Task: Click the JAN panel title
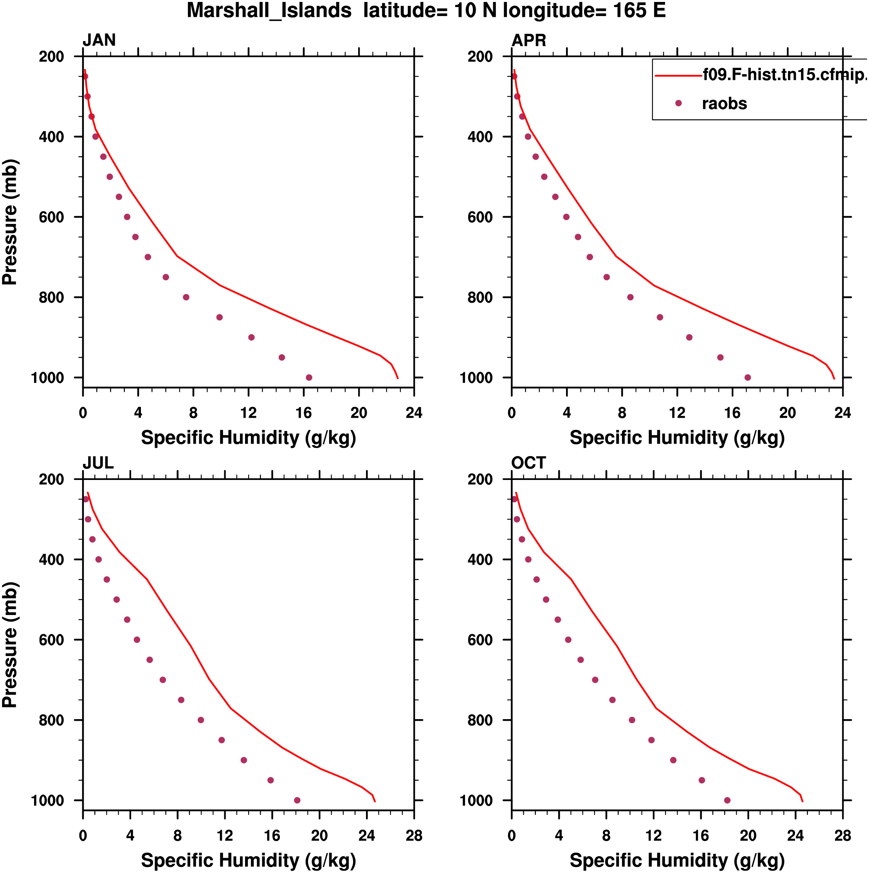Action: click(x=99, y=40)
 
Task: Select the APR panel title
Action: click(x=528, y=40)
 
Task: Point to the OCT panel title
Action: click(x=528, y=463)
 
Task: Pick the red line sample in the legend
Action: click(x=678, y=76)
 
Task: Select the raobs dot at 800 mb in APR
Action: click(x=630, y=297)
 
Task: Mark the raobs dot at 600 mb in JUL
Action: click(x=137, y=640)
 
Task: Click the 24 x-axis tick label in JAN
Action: click(x=414, y=413)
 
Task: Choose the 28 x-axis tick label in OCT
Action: click(x=842, y=835)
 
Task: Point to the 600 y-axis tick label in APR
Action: click(x=480, y=217)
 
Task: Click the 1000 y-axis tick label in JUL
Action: click(x=47, y=801)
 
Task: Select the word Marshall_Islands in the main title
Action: click(x=269, y=11)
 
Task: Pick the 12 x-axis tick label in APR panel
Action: click(x=677, y=413)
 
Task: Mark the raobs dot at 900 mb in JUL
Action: click(x=244, y=760)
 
